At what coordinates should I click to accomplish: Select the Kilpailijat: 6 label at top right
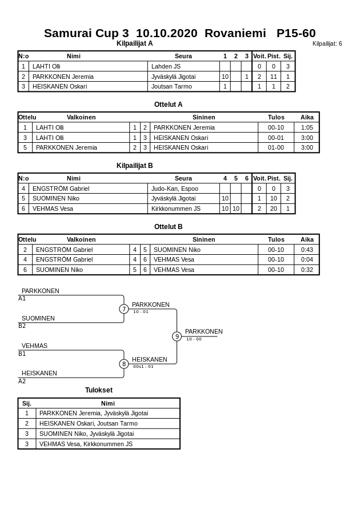click(327, 44)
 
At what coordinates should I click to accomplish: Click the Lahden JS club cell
click(166, 66)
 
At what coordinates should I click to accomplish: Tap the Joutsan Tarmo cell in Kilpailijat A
click(171, 86)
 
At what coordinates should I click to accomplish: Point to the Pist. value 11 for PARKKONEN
click(274, 77)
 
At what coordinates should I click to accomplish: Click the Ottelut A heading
click(168, 105)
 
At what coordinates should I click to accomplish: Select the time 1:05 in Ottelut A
click(307, 127)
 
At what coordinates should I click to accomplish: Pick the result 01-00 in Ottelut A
click(276, 147)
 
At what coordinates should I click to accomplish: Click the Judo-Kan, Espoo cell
click(174, 189)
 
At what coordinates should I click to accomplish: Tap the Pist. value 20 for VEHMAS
click(274, 209)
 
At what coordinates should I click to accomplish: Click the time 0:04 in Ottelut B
click(307, 259)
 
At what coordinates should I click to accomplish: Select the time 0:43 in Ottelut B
click(307, 250)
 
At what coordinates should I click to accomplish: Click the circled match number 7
click(124, 309)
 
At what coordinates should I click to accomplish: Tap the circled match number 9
click(177, 336)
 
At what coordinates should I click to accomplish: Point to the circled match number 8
click(124, 364)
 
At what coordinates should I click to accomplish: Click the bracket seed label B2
click(22, 326)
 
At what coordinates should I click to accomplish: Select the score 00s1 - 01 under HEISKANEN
click(143, 367)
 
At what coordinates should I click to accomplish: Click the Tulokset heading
click(99, 390)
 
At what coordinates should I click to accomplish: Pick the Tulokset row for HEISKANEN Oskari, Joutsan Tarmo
click(89, 423)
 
